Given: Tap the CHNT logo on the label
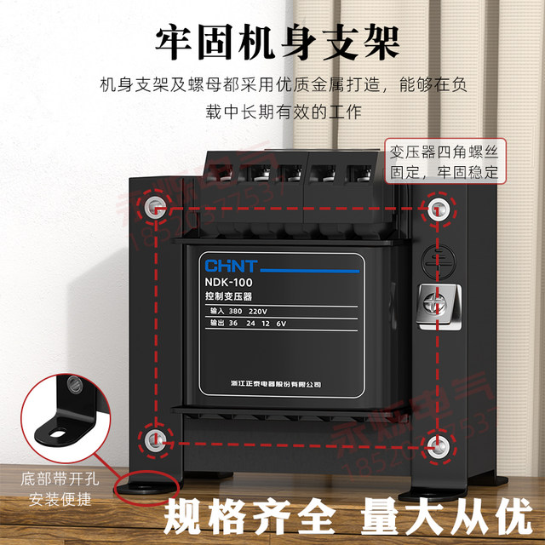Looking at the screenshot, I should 224,264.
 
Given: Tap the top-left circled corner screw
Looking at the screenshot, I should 155,206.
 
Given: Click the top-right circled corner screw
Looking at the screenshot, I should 437,208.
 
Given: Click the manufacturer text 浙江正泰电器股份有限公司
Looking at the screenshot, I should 269,384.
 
